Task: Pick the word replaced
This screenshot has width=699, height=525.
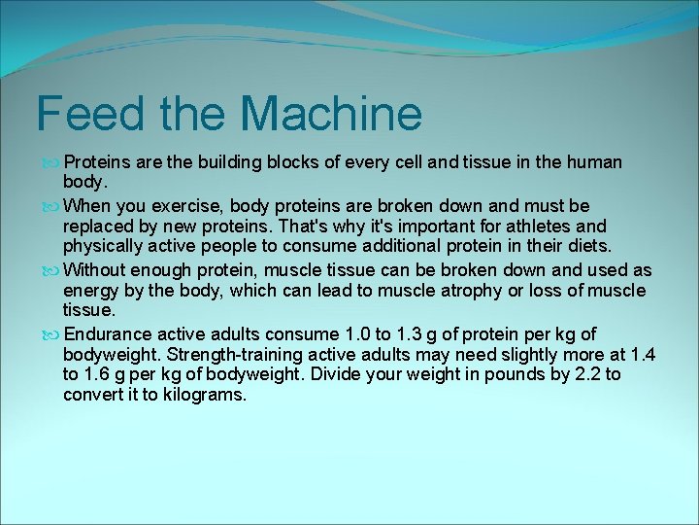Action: [97, 227]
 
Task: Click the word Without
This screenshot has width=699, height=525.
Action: [96, 269]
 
